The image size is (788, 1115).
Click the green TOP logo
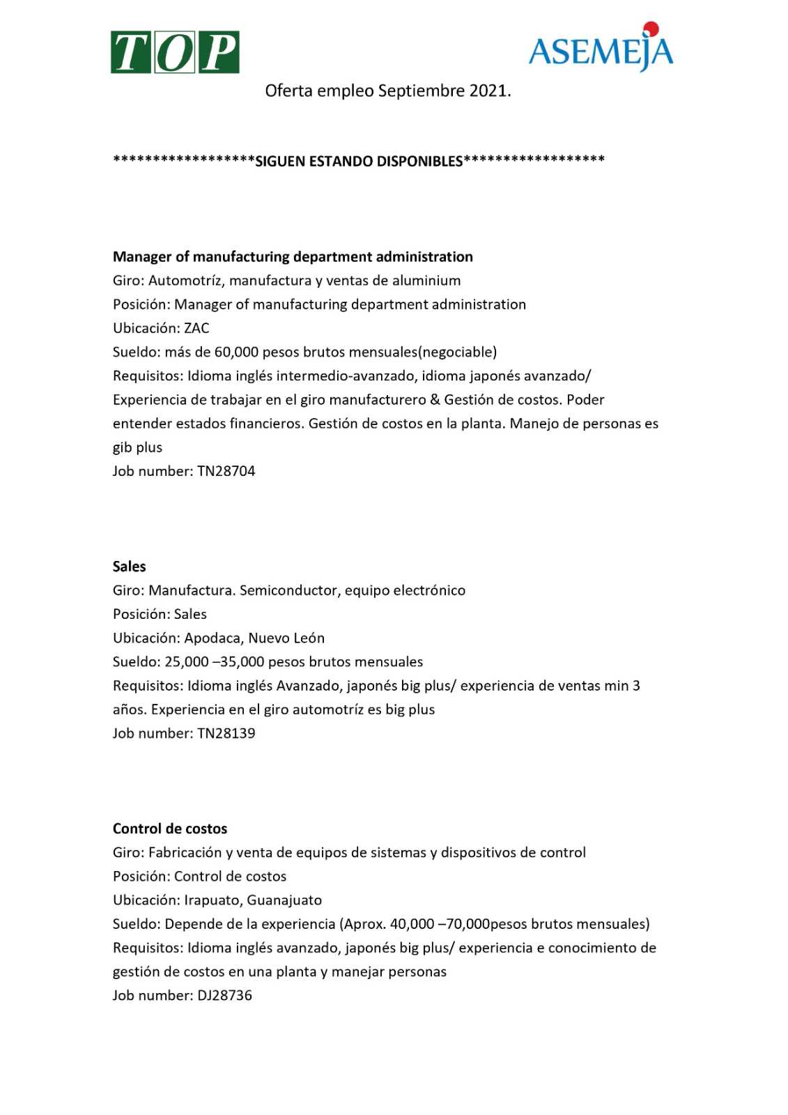(x=174, y=52)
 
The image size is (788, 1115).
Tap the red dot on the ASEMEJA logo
(x=651, y=29)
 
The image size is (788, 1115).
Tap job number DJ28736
(x=224, y=995)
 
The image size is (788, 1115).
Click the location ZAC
(x=196, y=328)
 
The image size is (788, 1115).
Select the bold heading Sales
(x=130, y=567)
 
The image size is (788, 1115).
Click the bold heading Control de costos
(x=170, y=829)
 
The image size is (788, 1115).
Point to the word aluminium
(x=426, y=281)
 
